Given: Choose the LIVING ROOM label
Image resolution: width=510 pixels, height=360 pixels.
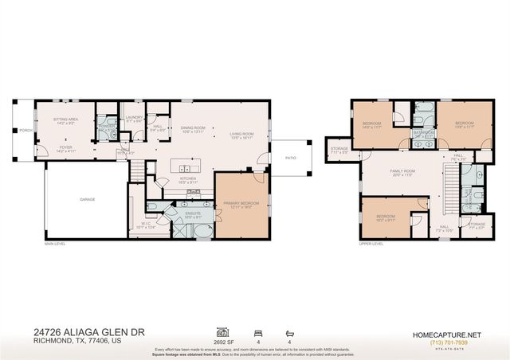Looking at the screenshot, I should (x=241, y=134).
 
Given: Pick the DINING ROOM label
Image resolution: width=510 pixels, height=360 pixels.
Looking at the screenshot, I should (x=193, y=128).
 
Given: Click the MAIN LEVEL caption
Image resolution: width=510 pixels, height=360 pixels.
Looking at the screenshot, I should (x=55, y=244).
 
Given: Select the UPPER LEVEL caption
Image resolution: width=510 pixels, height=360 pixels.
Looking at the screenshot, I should (x=372, y=244).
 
